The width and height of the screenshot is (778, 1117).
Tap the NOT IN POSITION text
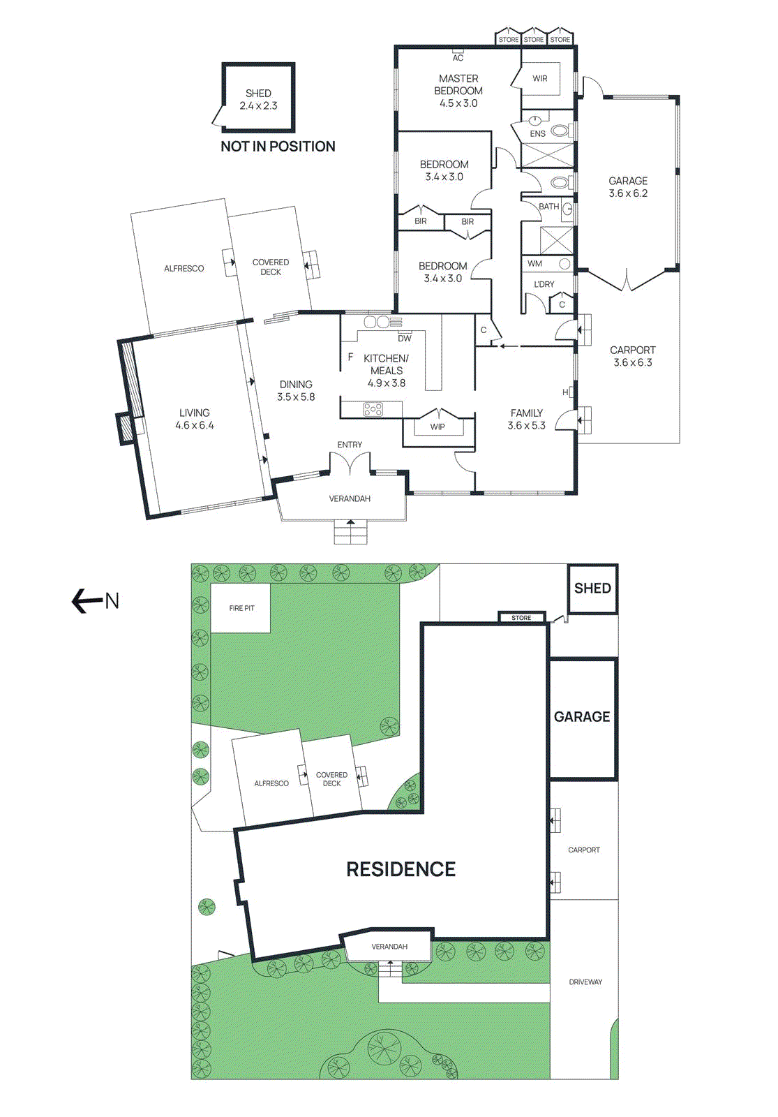click(278, 147)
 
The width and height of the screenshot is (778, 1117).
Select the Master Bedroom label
click(458, 84)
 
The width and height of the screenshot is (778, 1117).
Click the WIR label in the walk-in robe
click(540, 79)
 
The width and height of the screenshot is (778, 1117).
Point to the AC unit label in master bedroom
click(458, 58)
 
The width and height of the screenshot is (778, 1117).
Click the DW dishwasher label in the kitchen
click(405, 339)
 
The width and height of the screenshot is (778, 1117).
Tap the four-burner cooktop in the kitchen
click(373, 410)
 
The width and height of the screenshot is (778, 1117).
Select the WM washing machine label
click(534, 264)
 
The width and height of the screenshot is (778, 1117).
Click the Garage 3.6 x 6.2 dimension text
click(628, 193)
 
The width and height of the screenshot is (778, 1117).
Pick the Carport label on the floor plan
click(632, 350)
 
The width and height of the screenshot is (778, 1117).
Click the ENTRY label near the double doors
click(350, 445)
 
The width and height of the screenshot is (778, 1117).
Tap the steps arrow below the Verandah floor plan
click(350, 523)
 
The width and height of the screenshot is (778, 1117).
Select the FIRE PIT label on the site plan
click(241, 609)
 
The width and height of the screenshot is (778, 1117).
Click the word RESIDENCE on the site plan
click(401, 869)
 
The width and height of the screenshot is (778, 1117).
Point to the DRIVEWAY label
click(585, 982)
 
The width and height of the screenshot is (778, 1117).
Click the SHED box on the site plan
click(592, 589)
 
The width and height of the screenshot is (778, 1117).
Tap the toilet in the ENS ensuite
click(559, 131)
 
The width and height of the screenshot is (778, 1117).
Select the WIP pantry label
click(437, 427)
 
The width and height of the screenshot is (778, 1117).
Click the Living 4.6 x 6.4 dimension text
click(194, 425)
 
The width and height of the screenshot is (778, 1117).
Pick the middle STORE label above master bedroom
click(534, 40)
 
